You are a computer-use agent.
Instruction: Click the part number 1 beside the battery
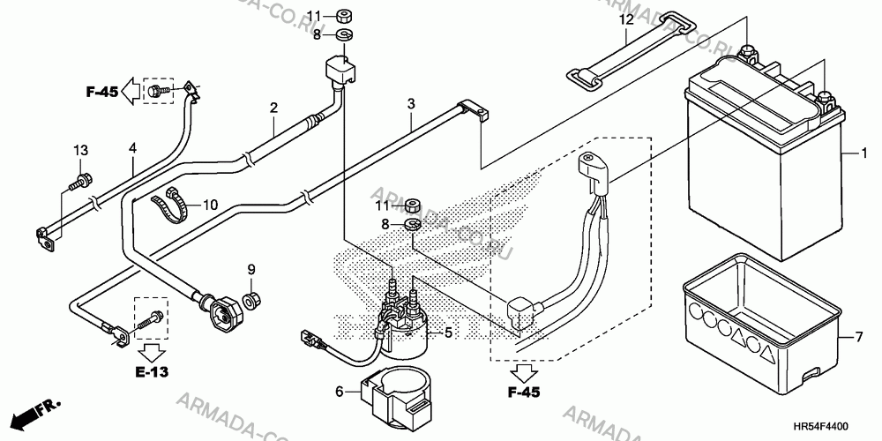(x=864, y=153)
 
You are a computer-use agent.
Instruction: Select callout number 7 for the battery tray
(x=858, y=338)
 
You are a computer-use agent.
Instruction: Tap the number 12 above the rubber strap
(x=626, y=20)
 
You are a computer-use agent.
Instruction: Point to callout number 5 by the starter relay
(x=448, y=333)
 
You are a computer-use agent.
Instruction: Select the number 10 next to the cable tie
(x=210, y=205)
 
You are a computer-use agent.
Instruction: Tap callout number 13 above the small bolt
(x=81, y=150)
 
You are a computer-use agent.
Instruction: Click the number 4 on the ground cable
(x=133, y=148)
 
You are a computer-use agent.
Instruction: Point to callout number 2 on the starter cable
(x=273, y=108)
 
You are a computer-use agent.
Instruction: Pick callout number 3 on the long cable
(x=411, y=104)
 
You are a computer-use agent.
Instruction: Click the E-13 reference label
(x=152, y=372)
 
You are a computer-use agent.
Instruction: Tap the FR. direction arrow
(x=35, y=414)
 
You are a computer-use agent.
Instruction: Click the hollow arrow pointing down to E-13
(x=152, y=352)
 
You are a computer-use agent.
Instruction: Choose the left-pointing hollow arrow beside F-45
(x=131, y=91)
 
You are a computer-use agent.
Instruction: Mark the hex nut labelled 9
(x=251, y=301)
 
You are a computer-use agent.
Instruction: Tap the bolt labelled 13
(x=80, y=181)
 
